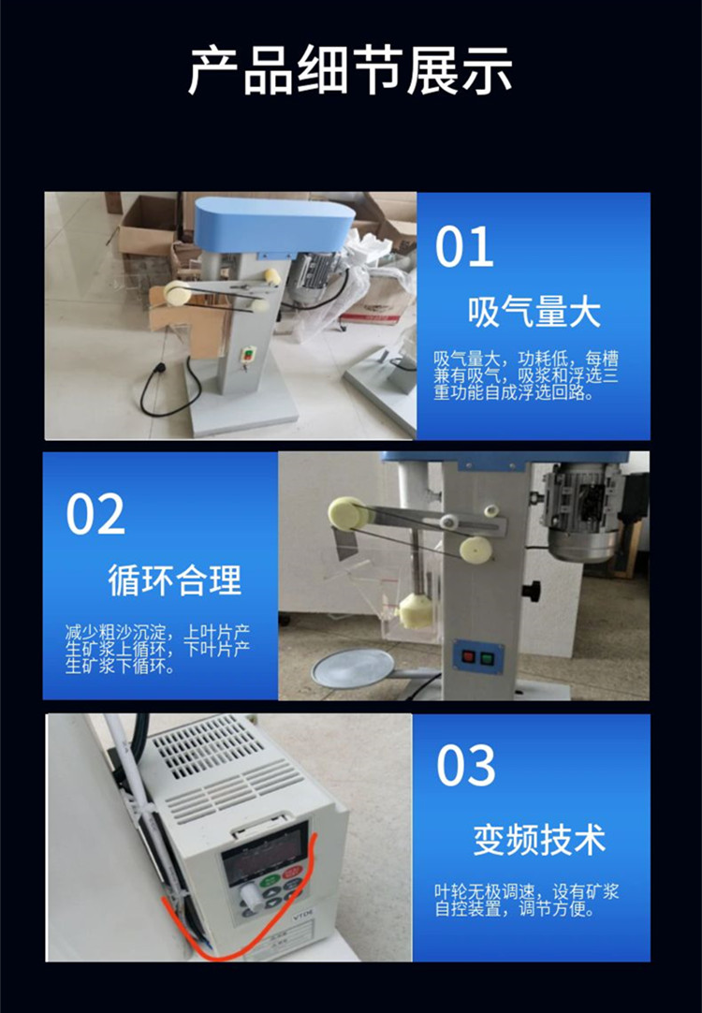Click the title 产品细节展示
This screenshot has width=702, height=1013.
click(x=351, y=70)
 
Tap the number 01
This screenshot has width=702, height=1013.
click(x=464, y=246)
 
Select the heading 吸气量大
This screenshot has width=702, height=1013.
click(x=534, y=312)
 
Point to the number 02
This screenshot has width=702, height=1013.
click(x=95, y=514)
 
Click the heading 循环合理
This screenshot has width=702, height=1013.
click(x=174, y=580)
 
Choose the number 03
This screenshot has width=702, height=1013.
click(x=465, y=766)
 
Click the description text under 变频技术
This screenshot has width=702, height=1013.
click(x=526, y=901)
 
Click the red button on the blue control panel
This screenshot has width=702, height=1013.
click(x=470, y=657)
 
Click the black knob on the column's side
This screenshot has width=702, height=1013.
click(x=533, y=590)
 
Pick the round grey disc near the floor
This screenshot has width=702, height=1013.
click(x=353, y=668)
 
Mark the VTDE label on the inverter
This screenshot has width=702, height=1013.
click(x=303, y=915)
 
